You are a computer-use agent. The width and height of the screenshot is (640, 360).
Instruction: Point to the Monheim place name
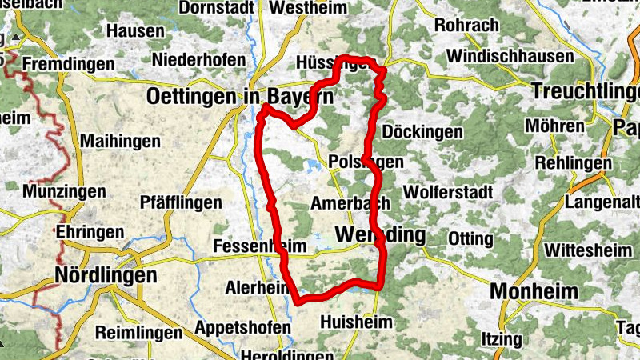tap(534, 291)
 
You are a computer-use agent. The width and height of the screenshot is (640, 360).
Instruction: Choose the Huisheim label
tap(356, 322)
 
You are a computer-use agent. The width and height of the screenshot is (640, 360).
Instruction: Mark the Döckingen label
tap(423, 131)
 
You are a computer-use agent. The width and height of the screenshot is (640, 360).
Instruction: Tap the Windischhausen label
tap(510, 56)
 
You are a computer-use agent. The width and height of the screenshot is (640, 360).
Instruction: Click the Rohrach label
tap(467, 25)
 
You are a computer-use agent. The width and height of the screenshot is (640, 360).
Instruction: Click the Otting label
tap(470, 238)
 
